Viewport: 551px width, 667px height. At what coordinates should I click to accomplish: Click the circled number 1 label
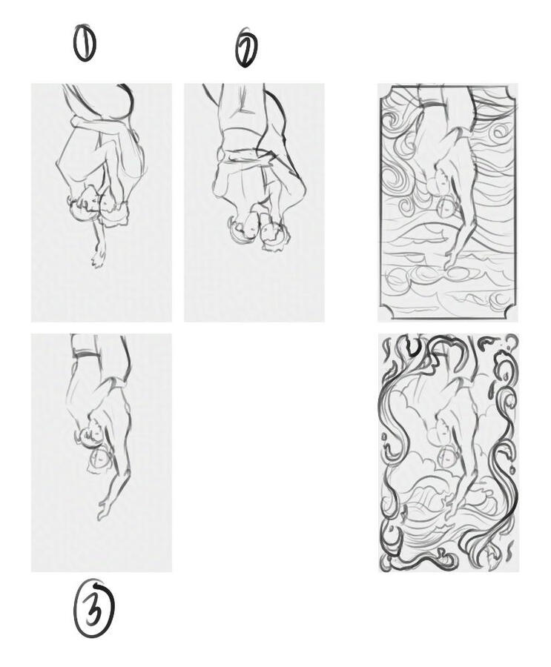click(x=85, y=43)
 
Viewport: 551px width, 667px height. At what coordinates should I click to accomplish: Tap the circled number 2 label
click(x=247, y=49)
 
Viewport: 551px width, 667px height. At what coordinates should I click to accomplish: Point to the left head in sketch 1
click(x=88, y=199)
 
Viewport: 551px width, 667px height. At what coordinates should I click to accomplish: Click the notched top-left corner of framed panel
click(x=383, y=90)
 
